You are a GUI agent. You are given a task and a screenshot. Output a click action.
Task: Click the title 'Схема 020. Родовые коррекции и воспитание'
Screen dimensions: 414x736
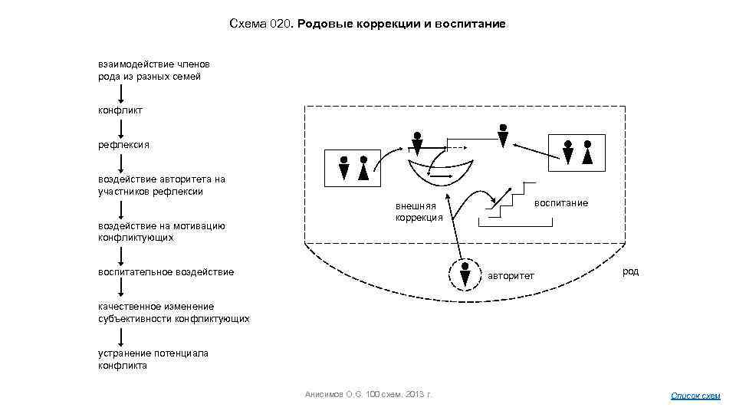(367, 25)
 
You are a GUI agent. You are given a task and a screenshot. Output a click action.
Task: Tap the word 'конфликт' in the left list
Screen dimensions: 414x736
(120, 110)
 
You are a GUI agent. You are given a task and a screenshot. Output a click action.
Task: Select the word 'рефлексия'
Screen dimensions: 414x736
(123, 144)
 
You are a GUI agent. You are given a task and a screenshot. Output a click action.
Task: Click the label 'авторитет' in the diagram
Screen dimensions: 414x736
(511, 275)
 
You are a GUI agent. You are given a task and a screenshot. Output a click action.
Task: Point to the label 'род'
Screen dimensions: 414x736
(630, 271)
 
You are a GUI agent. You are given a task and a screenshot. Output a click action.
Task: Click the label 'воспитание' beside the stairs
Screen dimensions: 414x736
(560, 202)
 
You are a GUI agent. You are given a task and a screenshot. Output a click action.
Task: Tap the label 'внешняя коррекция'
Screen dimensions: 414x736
(419, 212)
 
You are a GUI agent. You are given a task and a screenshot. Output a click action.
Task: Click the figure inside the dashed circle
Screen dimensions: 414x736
(465, 274)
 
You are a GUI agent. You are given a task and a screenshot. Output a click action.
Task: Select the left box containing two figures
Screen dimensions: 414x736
(353, 168)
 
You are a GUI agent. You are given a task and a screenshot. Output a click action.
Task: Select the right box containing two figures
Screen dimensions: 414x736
(577, 152)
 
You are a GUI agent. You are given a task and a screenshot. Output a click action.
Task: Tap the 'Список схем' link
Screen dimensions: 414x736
(695, 396)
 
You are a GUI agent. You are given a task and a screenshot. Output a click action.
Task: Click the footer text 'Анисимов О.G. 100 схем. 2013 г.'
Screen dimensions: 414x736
(369, 394)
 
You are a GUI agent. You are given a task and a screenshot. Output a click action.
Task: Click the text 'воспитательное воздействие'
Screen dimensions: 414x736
(166, 272)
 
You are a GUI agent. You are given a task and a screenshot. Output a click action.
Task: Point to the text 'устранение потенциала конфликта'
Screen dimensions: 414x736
(153, 360)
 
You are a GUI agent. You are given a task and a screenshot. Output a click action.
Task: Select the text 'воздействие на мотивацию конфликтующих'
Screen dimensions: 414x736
(161, 232)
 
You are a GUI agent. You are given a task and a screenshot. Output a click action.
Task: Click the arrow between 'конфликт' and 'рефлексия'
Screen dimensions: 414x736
(121, 127)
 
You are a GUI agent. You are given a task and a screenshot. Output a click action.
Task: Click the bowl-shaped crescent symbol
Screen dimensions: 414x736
(442, 170)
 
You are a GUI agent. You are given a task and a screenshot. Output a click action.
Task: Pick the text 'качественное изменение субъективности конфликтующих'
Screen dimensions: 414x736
(173, 312)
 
